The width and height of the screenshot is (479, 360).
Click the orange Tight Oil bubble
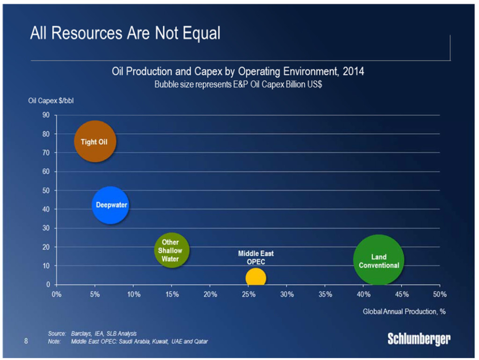[x=95, y=141]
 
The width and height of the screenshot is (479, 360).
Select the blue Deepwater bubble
[x=110, y=205]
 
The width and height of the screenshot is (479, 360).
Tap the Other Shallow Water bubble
[x=172, y=250]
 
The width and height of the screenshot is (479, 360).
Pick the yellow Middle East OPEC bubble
[x=255, y=278]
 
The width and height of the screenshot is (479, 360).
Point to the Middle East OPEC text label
[x=256, y=258]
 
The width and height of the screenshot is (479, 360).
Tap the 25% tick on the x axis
[x=248, y=295]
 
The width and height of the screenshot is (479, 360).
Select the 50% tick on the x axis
[x=440, y=295]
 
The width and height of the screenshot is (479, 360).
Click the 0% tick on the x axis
[x=57, y=295]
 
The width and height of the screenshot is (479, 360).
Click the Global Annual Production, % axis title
[x=404, y=311]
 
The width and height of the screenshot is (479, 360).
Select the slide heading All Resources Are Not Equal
[x=125, y=33]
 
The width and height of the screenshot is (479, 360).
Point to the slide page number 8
[x=26, y=341]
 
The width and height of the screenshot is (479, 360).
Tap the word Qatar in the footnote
[x=201, y=342]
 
